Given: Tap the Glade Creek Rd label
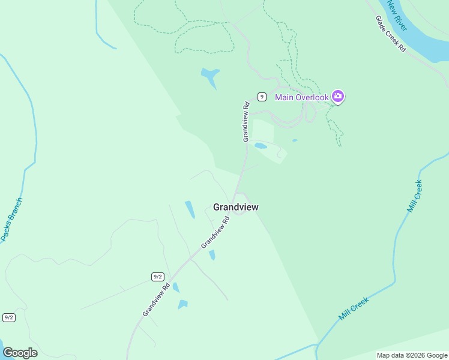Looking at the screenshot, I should click(391, 34).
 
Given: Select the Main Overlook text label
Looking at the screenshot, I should click(301, 97).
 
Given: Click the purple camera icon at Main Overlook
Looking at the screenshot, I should click(338, 97).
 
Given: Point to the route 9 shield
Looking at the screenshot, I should click(262, 97).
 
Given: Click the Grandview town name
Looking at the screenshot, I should click(236, 207).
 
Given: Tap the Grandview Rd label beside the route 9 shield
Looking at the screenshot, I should click(246, 122).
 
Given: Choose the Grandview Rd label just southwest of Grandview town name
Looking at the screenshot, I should click(215, 232).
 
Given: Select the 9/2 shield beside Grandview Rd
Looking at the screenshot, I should click(158, 277).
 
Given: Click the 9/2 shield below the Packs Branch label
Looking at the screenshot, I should click(9, 317).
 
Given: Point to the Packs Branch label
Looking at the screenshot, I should click(11, 220).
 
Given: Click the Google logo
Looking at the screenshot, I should click(20, 353).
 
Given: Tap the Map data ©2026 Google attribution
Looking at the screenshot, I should click(412, 355).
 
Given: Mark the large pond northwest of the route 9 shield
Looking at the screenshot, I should click(210, 76).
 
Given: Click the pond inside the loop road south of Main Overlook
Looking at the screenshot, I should click(261, 145).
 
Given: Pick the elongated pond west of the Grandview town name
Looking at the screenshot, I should click(190, 209).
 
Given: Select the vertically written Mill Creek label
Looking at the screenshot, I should click(415, 196).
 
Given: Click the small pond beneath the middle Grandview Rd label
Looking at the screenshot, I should click(212, 255).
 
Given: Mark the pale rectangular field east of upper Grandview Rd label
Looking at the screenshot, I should click(262, 130).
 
